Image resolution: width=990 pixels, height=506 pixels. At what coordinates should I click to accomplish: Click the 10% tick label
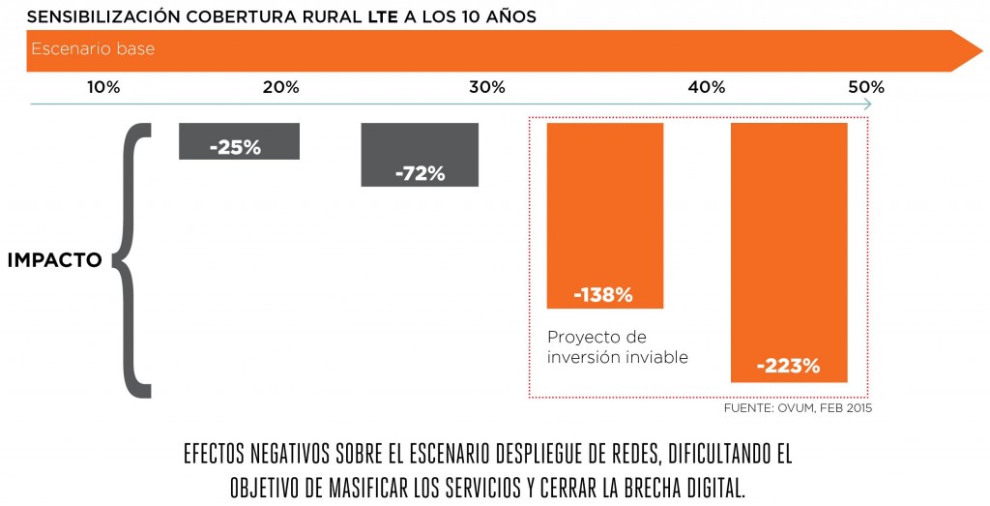pyautogui.click(x=103, y=87)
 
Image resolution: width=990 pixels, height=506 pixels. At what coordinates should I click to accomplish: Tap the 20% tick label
pyautogui.click(x=280, y=87)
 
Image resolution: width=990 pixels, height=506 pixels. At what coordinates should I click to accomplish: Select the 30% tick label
pyautogui.click(x=486, y=87)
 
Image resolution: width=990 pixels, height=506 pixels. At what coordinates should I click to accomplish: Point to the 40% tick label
pyautogui.click(x=707, y=87)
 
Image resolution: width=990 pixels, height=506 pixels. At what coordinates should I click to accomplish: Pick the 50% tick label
pyautogui.click(x=866, y=87)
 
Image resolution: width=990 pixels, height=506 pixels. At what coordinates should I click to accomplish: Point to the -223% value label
pyautogui.click(x=789, y=366)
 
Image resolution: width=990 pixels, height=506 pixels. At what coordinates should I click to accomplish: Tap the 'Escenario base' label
pyautogui.click(x=93, y=49)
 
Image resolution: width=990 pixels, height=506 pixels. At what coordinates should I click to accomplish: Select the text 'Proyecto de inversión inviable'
pyautogui.click(x=618, y=346)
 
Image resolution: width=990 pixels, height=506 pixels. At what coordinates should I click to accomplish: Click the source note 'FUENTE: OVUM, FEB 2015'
pyautogui.click(x=798, y=408)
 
